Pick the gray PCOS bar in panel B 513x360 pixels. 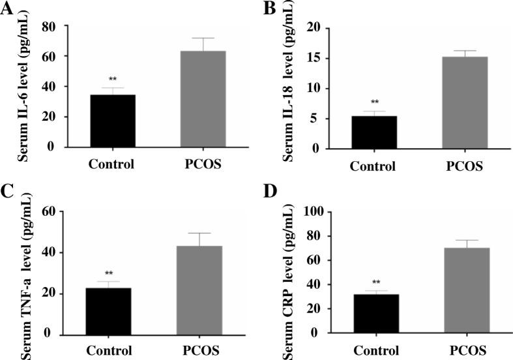coord(465,102)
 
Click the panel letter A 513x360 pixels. coord(8,9)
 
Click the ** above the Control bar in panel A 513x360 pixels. coord(112,80)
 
